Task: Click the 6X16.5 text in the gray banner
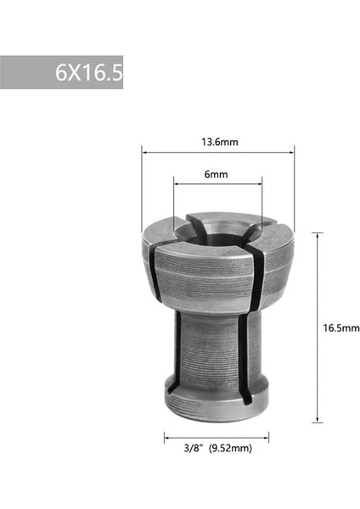tap(88, 73)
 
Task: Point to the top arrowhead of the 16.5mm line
tap(317, 234)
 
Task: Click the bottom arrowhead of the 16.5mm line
tap(317, 419)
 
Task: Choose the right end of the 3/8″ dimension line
tap(269, 438)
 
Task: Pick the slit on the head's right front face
tap(256, 276)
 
